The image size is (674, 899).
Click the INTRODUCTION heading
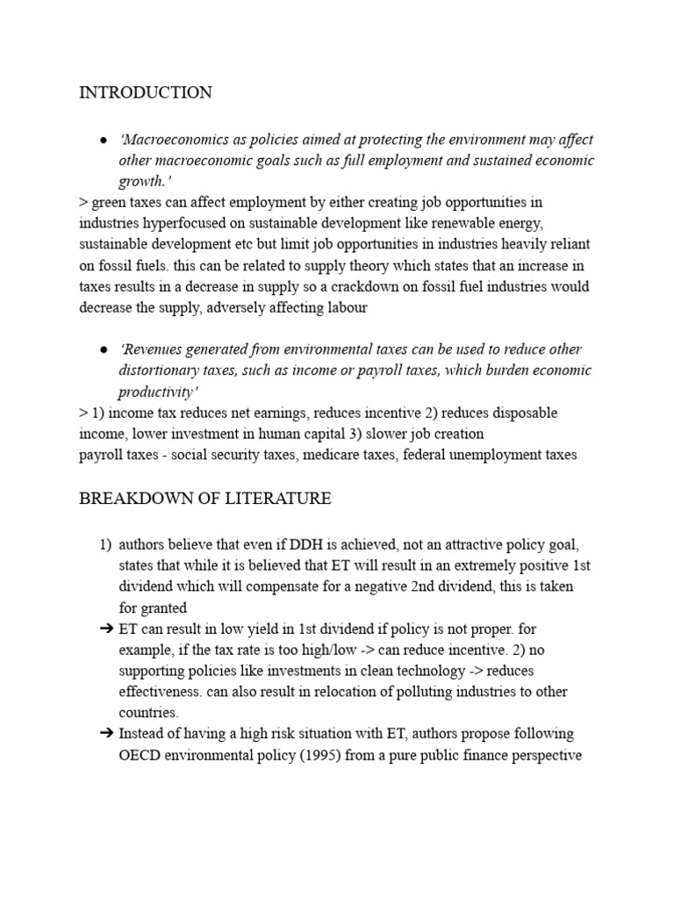(146, 93)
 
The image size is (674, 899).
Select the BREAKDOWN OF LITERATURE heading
(205, 499)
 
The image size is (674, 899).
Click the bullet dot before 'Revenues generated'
(104, 349)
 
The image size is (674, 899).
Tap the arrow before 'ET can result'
(103, 629)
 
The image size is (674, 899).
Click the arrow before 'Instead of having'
(103, 734)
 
